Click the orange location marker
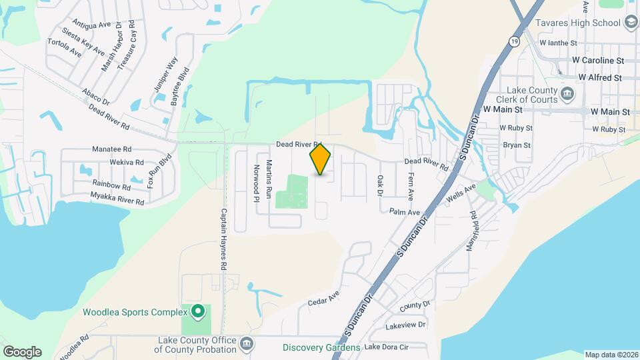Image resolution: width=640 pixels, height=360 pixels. pyautogui.click(x=320, y=159)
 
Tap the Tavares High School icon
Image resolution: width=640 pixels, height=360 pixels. pyautogui.click(x=631, y=23)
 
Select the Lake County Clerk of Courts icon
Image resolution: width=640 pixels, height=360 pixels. pyautogui.click(x=567, y=92)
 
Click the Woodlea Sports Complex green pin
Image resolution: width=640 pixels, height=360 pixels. pyautogui.click(x=197, y=311)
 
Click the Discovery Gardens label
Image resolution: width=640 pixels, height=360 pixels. pyautogui.click(x=321, y=347)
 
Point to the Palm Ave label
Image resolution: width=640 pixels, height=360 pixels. pyautogui.click(x=405, y=212)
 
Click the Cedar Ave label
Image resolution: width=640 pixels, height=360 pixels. pyautogui.click(x=324, y=298)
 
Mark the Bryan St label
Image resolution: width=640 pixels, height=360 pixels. pyautogui.click(x=517, y=145)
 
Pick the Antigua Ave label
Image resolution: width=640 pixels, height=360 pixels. pyautogui.click(x=91, y=25)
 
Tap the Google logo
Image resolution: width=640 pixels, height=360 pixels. pyautogui.click(x=22, y=351)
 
